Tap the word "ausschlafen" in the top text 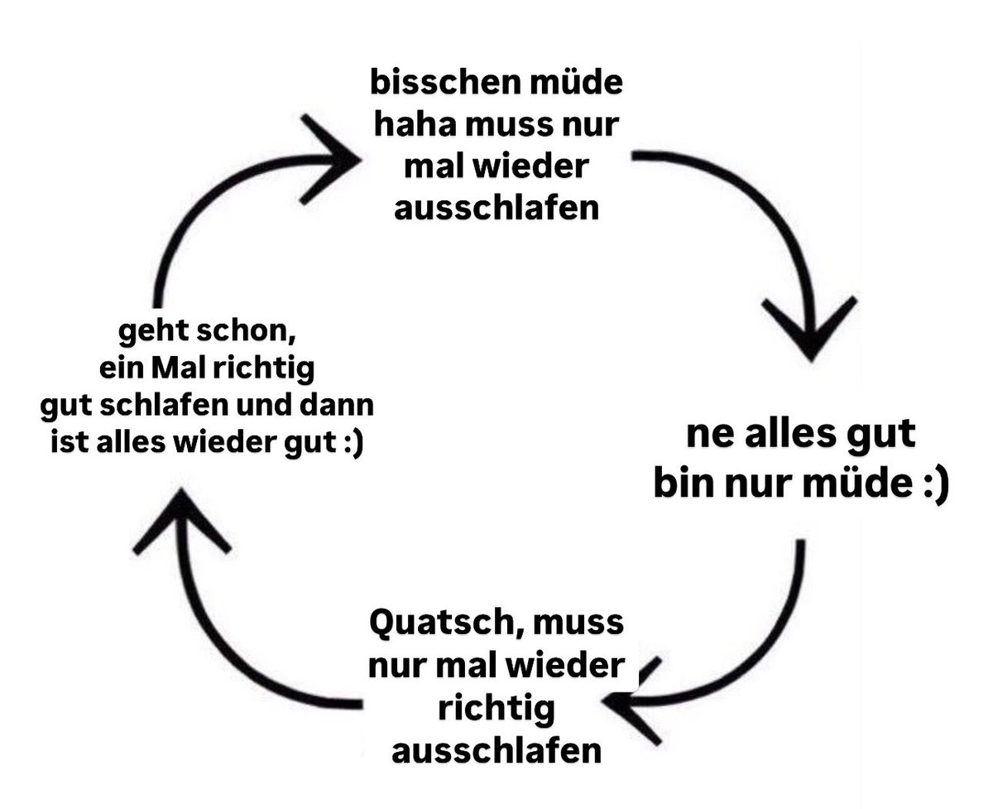point(496,208)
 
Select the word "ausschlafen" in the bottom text point(496,751)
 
